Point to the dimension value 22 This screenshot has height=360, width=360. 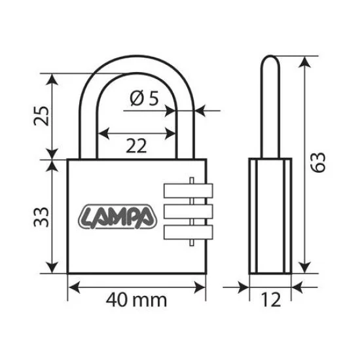click(x=136, y=145)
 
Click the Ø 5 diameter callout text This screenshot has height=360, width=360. click(x=145, y=99)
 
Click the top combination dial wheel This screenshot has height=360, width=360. click(x=187, y=190)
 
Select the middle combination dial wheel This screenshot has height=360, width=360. click(x=187, y=211)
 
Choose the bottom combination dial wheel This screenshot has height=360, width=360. click(x=187, y=232)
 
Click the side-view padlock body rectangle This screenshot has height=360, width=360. click(x=269, y=216)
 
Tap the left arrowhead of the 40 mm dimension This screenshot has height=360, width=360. click(x=72, y=286)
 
